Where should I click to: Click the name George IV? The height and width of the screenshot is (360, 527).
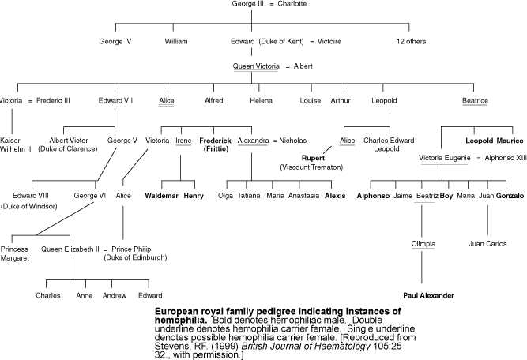(115, 41)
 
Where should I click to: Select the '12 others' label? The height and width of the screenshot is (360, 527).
(411, 41)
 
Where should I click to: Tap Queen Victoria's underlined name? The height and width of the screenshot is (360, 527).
(256, 66)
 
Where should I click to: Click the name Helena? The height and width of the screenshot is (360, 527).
(262, 100)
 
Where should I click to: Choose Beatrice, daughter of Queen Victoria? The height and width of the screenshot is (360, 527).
(475, 100)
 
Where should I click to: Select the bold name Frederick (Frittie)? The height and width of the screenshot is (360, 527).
(216, 144)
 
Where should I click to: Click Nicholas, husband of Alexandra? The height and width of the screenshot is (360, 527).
(293, 141)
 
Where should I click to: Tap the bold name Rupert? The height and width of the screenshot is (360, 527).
(313, 158)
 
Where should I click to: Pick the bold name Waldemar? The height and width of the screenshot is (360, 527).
(161, 196)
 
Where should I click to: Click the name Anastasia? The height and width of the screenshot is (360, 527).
(304, 196)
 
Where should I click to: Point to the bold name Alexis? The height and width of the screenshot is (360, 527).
(335, 196)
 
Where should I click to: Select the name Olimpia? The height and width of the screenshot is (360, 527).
(423, 244)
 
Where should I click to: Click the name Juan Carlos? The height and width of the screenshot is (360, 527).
(487, 244)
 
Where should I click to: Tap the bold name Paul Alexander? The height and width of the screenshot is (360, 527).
(428, 295)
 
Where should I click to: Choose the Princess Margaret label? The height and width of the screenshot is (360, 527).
(14, 253)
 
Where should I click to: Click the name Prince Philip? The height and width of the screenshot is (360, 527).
(131, 249)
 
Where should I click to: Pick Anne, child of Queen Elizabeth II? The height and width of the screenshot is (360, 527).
(85, 295)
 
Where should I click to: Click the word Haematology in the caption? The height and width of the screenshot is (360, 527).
(339, 347)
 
